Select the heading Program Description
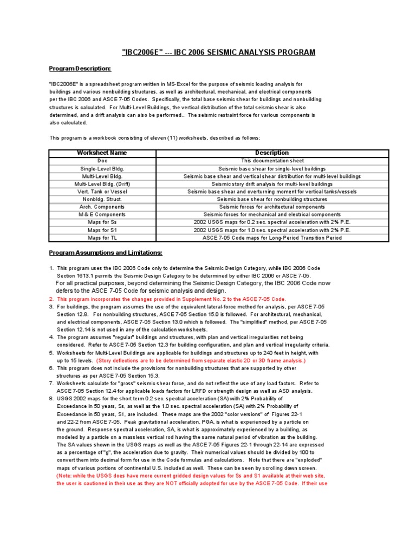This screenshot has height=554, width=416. pos(80,69)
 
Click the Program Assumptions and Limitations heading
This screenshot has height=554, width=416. pos(106,253)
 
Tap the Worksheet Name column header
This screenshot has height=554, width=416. pos(102,153)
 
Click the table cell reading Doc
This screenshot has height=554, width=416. pos(102,161)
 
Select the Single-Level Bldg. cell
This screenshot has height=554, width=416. pos(102,169)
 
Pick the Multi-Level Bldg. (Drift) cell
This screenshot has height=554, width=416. pos(102,184)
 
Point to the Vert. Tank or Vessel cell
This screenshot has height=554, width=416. pos(102,192)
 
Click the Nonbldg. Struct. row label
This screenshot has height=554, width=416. pos(102,199)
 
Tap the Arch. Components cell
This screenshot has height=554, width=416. pos(102,207)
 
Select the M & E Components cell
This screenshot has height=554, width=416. pos(102,214)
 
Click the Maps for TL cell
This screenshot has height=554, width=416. pos(102,238)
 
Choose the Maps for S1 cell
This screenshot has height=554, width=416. pos(102,230)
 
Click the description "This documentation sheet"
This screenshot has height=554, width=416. pos(272,161)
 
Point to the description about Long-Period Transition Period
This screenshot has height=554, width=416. pos(272,238)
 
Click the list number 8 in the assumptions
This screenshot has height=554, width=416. pos(51,399)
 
